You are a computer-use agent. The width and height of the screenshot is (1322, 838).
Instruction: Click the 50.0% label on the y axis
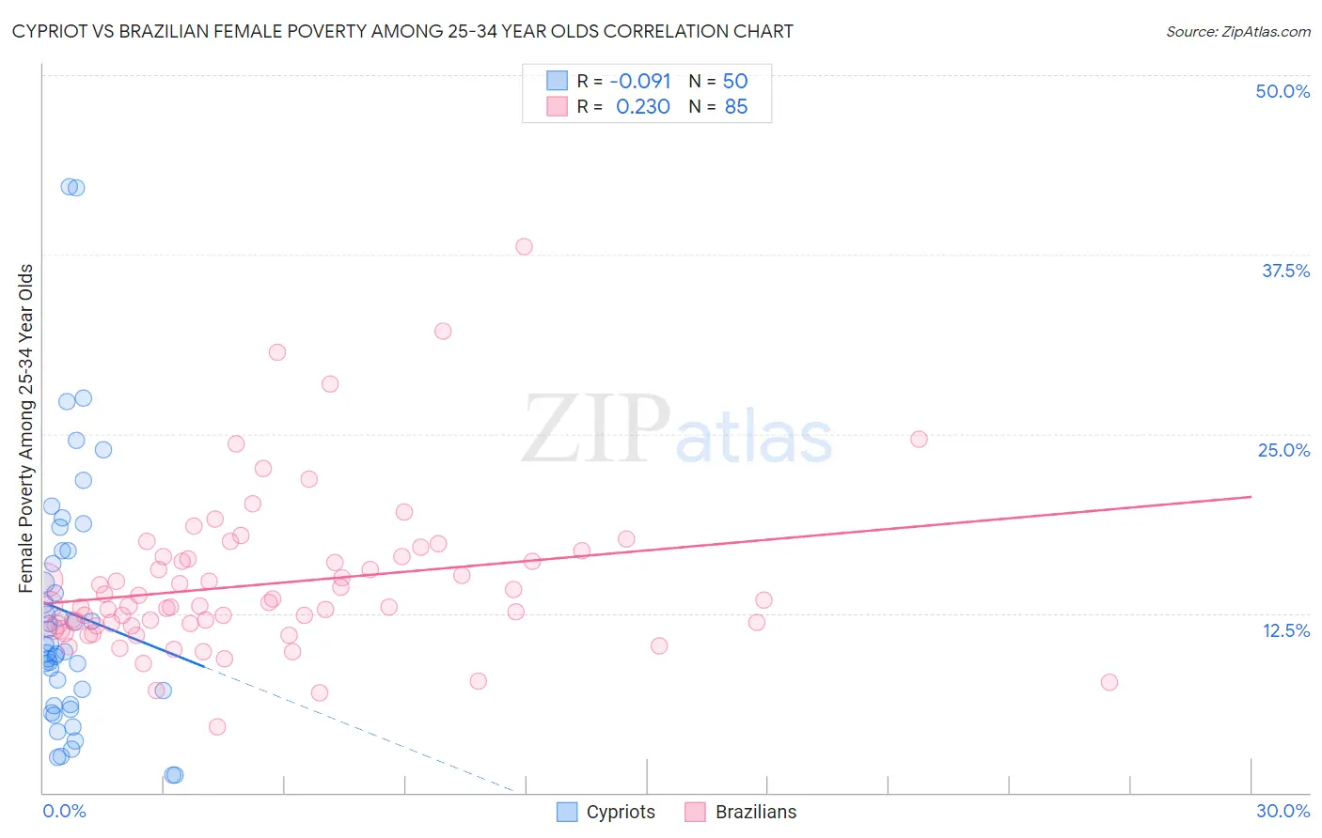pyautogui.click(x=1283, y=91)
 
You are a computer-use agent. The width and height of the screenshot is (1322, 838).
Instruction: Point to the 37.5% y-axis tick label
pyautogui.click(x=1284, y=271)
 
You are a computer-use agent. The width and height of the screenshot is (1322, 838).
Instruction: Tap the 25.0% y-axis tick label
pyautogui.click(x=1283, y=450)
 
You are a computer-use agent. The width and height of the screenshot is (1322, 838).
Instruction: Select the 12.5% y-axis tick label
pyautogui.click(x=1285, y=630)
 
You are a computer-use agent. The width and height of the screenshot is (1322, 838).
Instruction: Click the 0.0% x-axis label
pyautogui.click(x=64, y=811)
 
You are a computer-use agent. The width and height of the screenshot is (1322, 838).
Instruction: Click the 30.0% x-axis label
pyautogui.click(x=1283, y=811)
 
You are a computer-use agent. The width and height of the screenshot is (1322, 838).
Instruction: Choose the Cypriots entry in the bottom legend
pyautogui.click(x=606, y=812)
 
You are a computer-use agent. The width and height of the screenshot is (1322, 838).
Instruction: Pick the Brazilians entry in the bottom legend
pyautogui.click(x=741, y=812)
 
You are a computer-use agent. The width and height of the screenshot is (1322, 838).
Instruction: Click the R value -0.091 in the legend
pyautogui.click(x=639, y=81)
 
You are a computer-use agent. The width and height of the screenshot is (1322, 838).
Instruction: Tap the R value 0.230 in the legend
pyautogui.click(x=643, y=106)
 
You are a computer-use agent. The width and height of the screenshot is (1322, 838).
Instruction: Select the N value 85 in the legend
pyautogui.click(x=735, y=106)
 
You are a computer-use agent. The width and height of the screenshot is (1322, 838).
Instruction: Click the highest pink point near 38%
pyautogui.click(x=524, y=246)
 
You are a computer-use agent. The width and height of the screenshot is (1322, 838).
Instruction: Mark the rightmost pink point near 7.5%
pyautogui.click(x=1110, y=682)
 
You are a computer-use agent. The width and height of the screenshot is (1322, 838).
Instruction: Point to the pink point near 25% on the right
pyautogui.click(x=919, y=439)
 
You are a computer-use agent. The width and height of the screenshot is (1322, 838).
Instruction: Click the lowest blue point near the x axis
pyautogui.click(x=173, y=775)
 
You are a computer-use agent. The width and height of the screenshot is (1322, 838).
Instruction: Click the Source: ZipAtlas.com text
pyautogui.click(x=1237, y=31)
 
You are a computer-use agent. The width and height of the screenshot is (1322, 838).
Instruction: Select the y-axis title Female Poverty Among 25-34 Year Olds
pyautogui.click(x=26, y=428)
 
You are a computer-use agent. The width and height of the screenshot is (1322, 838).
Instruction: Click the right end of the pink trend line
pyautogui.click(x=1250, y=496)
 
